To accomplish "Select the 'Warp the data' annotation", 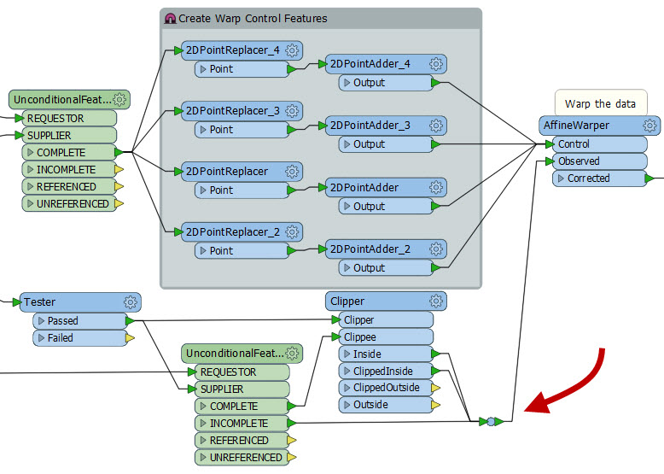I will coord(600,103).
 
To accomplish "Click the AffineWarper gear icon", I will coord(649,126).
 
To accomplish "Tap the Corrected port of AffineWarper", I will coord(589,178).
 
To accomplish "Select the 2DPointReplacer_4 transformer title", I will coord(232,50).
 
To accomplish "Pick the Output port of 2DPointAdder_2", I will coord(370,267).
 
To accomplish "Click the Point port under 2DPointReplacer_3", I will coord(221,130).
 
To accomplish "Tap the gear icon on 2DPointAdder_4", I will coord(436,64).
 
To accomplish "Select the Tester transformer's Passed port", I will coord(62,320).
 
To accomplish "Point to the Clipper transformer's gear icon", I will coord(436,301).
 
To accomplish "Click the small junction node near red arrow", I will coord(491,421).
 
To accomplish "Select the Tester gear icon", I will coord(131,301).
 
